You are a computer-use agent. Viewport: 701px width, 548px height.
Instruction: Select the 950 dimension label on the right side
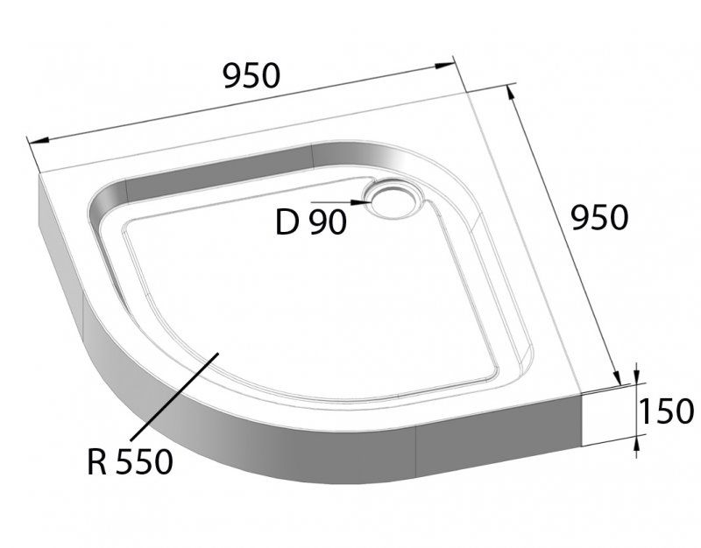[599, 216]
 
